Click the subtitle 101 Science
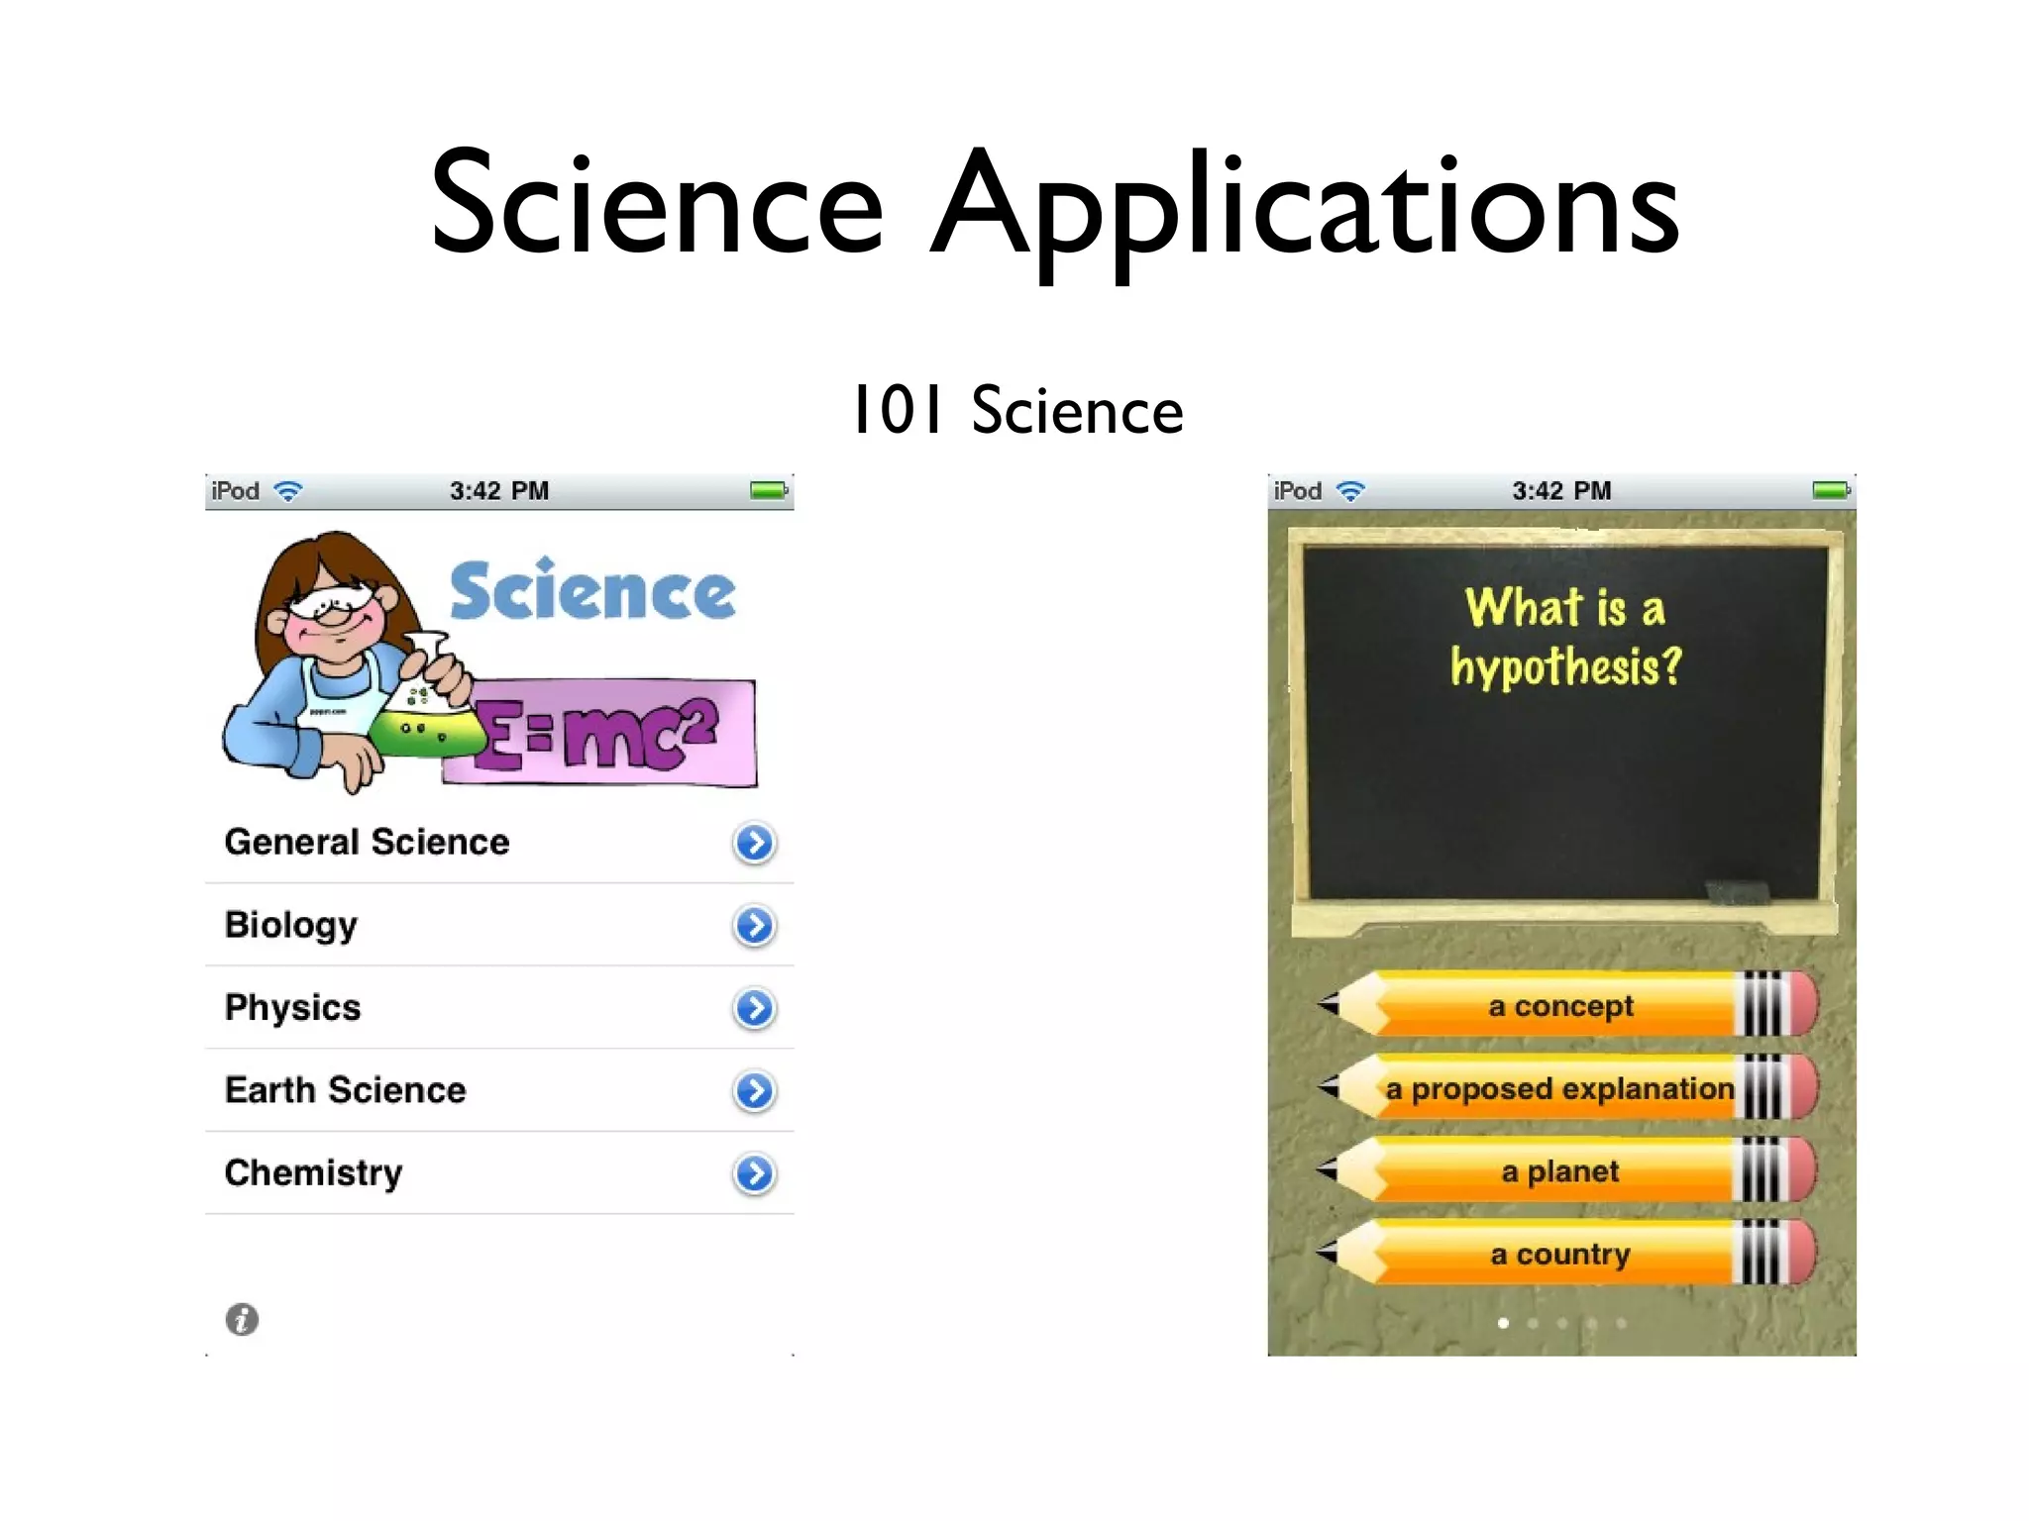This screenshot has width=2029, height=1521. coord(1017,410)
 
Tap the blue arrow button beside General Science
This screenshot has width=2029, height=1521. coord(754,844)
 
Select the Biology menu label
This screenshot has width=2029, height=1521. coord(290,925)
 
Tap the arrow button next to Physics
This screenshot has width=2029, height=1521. coord(754,1009)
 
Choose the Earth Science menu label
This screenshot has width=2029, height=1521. coord(345,1090)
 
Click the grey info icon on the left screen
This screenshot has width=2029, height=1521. coord(242,1319)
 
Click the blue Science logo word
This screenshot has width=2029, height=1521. coord(592,591)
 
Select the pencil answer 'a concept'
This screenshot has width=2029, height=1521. coord(1560,1006)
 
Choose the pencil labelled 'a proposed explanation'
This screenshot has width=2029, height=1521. coord(1560,1088)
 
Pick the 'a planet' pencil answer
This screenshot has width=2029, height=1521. coord(1560,1171)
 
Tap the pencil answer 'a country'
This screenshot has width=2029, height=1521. coord(1560,1255)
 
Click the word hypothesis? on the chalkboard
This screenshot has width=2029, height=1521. coord(1566,666)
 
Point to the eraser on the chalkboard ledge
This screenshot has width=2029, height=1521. coord(1738,890)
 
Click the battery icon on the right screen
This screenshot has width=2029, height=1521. coord(1831,490)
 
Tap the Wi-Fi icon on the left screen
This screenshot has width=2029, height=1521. coord(288,491)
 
